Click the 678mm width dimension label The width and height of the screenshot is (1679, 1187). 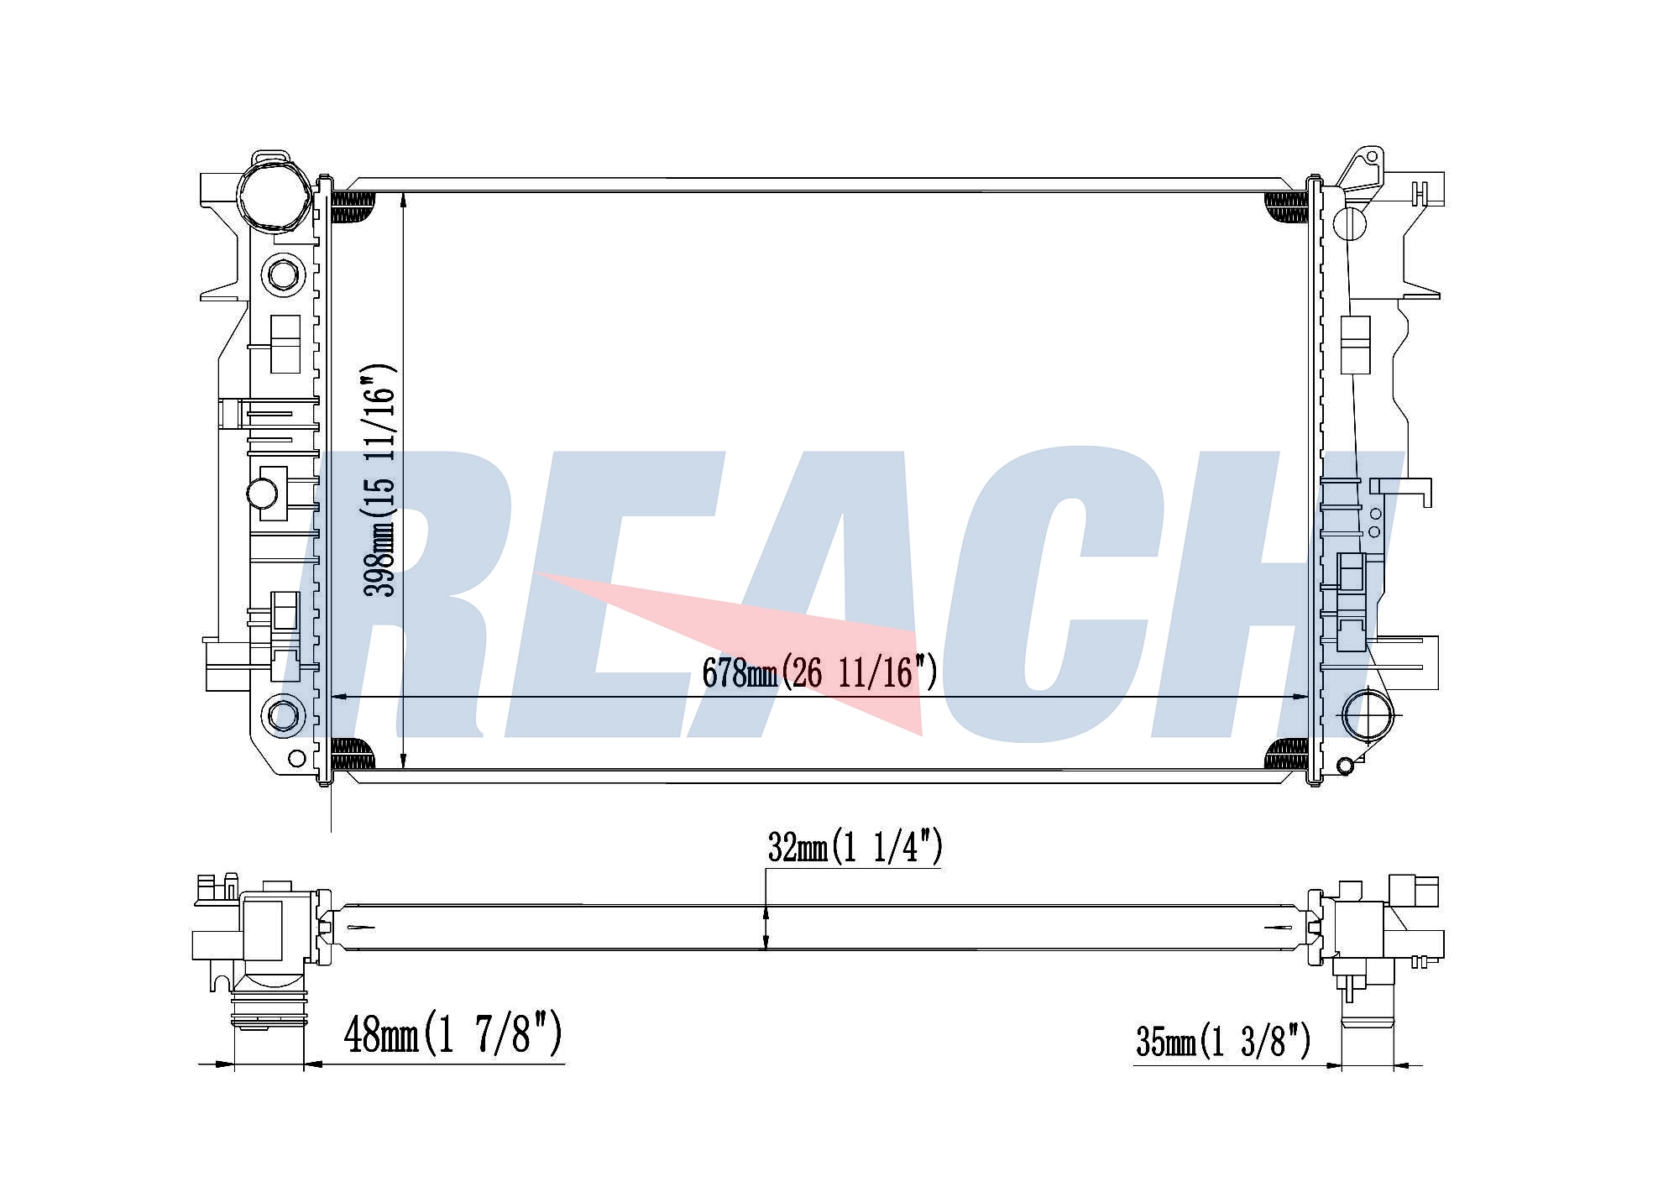coord(819,672)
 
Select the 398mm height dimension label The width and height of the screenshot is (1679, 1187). coord(379,481)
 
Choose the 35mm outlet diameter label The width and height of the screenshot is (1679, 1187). coord(1222,1041)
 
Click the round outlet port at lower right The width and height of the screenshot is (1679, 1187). coord(1368,714)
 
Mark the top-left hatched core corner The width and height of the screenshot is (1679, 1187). coord(353,206)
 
